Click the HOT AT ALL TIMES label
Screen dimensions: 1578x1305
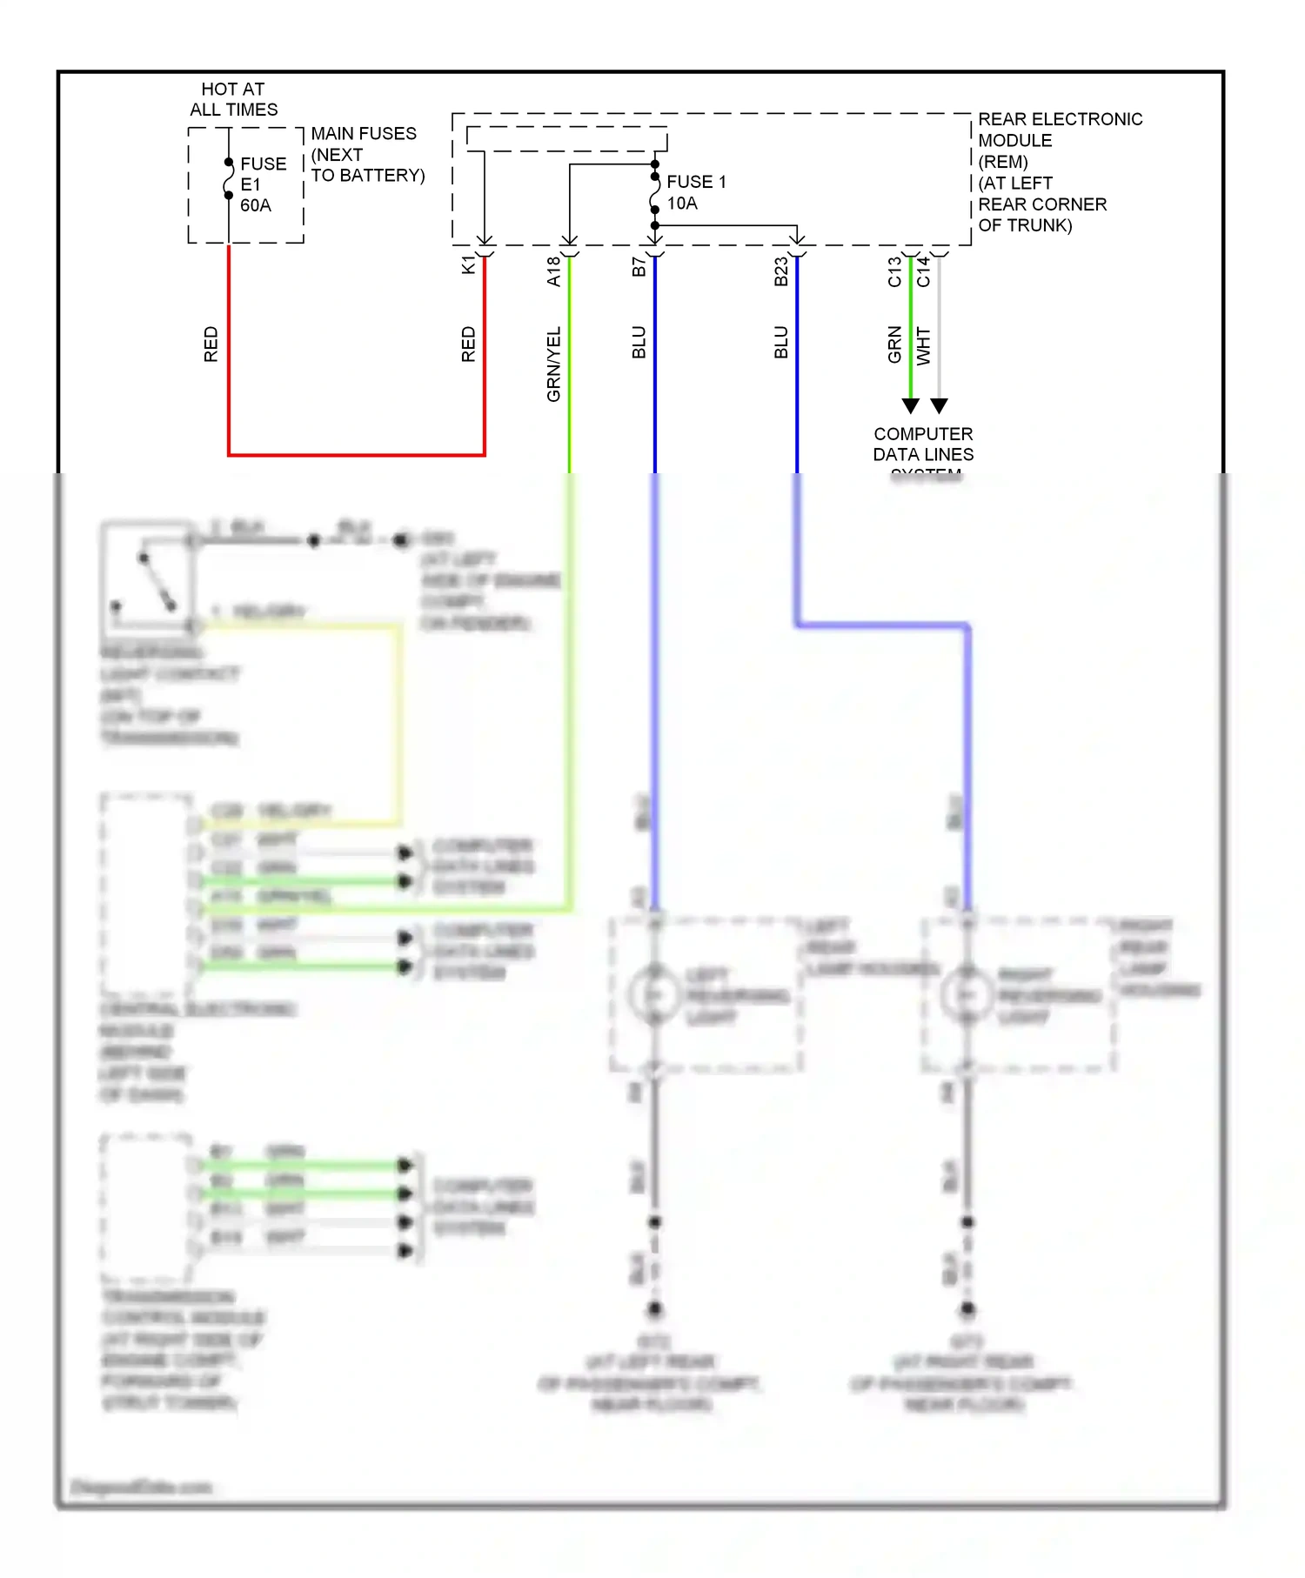point(233,99)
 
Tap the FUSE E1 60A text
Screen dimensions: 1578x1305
point(262,184)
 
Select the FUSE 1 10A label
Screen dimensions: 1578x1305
point(695,192)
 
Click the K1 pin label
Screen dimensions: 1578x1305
point(468,265)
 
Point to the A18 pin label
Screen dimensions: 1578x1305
point(553,271)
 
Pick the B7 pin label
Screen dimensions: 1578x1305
point(639,267)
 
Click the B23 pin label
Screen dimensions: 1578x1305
point(780,271)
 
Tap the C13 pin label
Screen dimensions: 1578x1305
point(894,271)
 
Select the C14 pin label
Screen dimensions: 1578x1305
point(923,271)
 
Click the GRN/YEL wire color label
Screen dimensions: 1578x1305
point(553,364)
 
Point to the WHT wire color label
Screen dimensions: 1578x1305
point(923,346)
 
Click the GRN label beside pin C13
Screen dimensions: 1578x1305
point(894,344)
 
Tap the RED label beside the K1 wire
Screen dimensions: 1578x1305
point(468,344)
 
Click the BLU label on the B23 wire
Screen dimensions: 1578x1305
point(780,343)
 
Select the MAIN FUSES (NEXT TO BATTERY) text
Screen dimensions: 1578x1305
point(367,154)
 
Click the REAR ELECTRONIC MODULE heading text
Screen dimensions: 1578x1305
point(1060,130)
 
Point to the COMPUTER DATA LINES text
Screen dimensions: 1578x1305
point(923,445)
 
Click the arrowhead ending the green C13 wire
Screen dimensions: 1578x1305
point(910,405)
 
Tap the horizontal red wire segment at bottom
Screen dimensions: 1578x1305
point(357,454)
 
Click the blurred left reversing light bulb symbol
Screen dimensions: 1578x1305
point(654,993)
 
